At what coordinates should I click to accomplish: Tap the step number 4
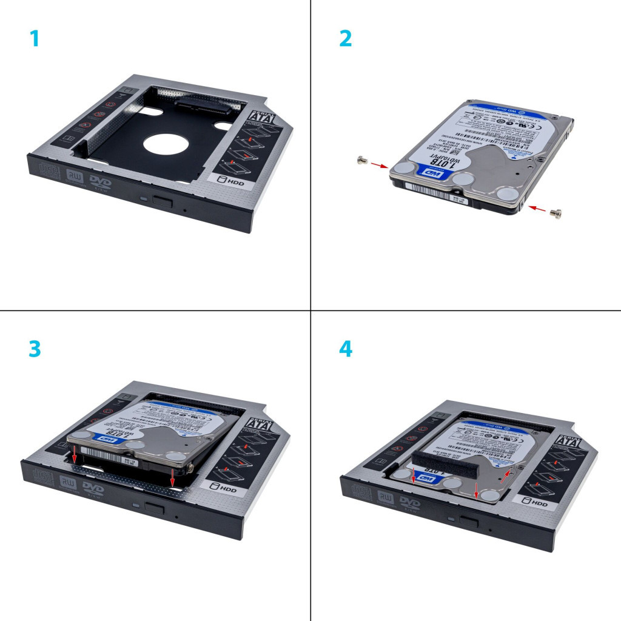345,349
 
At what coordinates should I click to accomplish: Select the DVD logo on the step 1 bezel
100,183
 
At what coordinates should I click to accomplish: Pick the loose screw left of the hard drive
362,160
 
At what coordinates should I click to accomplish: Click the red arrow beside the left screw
379,165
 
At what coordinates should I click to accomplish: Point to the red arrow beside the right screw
537,209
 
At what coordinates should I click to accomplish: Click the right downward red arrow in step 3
173,476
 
